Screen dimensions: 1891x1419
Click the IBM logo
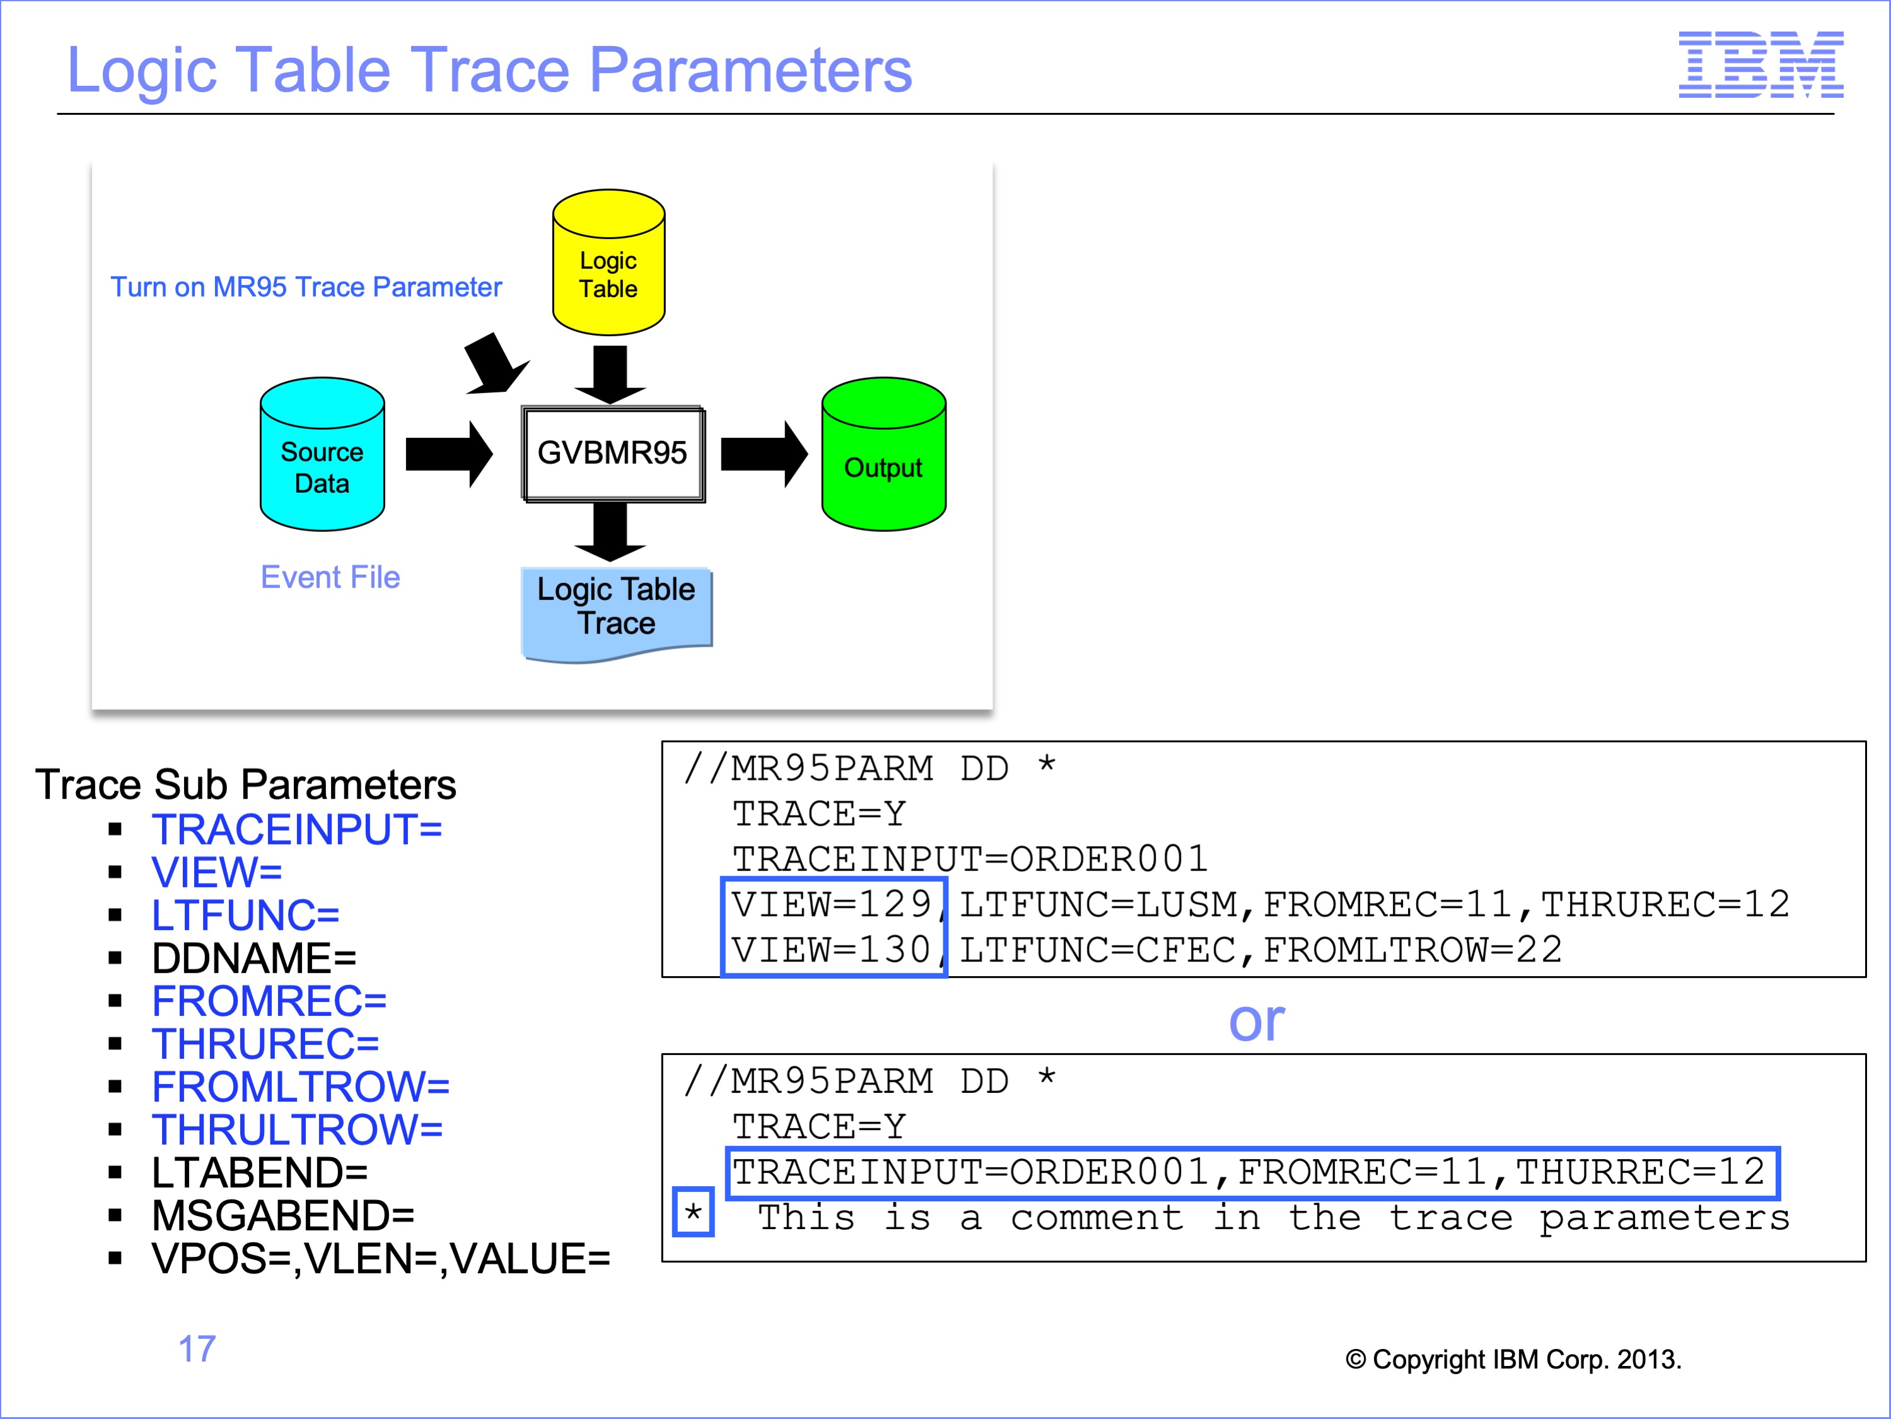(1761, 64)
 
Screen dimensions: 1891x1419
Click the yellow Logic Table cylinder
(608, 262)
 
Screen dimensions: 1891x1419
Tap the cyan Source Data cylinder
(322, 454)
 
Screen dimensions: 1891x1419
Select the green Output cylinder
(884, 454)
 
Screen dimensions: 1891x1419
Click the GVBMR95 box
(613, 453)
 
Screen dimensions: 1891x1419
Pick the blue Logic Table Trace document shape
(617, 613)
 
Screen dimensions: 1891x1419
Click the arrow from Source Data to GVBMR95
(449, 454)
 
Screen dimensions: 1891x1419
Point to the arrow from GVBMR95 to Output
(764, 454)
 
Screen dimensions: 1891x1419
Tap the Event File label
(330, 577)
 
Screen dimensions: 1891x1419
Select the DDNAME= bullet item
(254, 958)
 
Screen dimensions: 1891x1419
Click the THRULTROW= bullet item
(296, 1130)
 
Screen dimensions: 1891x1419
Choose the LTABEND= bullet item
(259, 1173)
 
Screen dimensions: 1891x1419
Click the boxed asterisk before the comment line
(694, 1212)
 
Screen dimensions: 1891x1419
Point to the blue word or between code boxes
(1257, 1022)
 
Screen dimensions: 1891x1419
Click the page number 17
(197, 1349)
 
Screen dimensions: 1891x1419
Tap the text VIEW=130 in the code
(831, 950)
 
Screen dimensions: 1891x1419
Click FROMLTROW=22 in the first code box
(1413, 950)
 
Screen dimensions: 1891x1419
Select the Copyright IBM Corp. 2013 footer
(1513, 1359)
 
